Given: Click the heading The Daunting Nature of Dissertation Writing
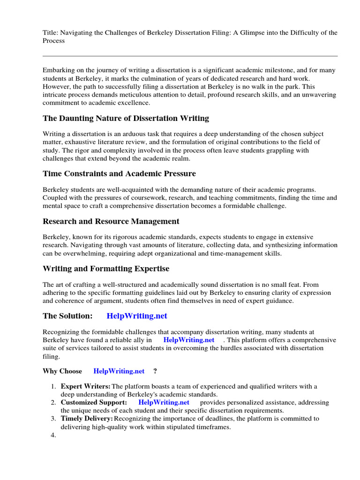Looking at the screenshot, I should click(126, 118).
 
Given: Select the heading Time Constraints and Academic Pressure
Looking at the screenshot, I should click(119, 173).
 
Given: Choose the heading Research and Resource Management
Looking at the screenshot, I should click(111, 221).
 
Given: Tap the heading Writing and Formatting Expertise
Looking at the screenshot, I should click(106, 269).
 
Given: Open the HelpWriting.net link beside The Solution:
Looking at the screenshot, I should click(137, 316).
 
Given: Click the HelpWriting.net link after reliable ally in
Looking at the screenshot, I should click(188, 340).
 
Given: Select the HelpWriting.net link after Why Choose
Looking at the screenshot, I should click(119, 371).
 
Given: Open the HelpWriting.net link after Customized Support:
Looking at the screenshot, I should click(164, 402).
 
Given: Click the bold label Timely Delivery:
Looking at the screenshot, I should click(87, 418).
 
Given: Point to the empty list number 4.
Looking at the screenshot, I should click(53, 435).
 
